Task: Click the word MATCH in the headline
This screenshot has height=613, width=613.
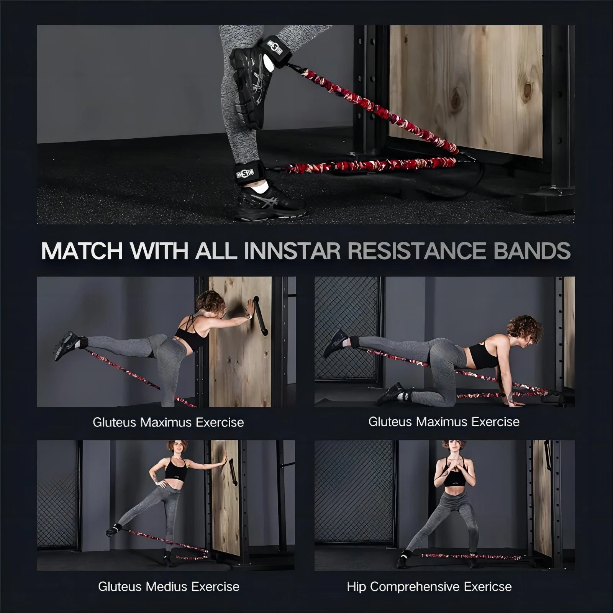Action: pyautogui.click(x=82, y=251)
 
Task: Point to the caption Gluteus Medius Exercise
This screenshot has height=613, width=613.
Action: pyautogui.click(x=169, y=587)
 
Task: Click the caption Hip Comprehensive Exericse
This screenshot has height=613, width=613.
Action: pyautogui.click(x=429, y=587)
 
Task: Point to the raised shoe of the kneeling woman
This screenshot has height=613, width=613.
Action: pyautogui.click(x=336, y=343)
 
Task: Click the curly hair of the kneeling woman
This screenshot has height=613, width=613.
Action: pyautogui.click(x=525, y=329)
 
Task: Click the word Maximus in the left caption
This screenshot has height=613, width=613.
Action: pyautogui.click(x=166, y=423)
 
